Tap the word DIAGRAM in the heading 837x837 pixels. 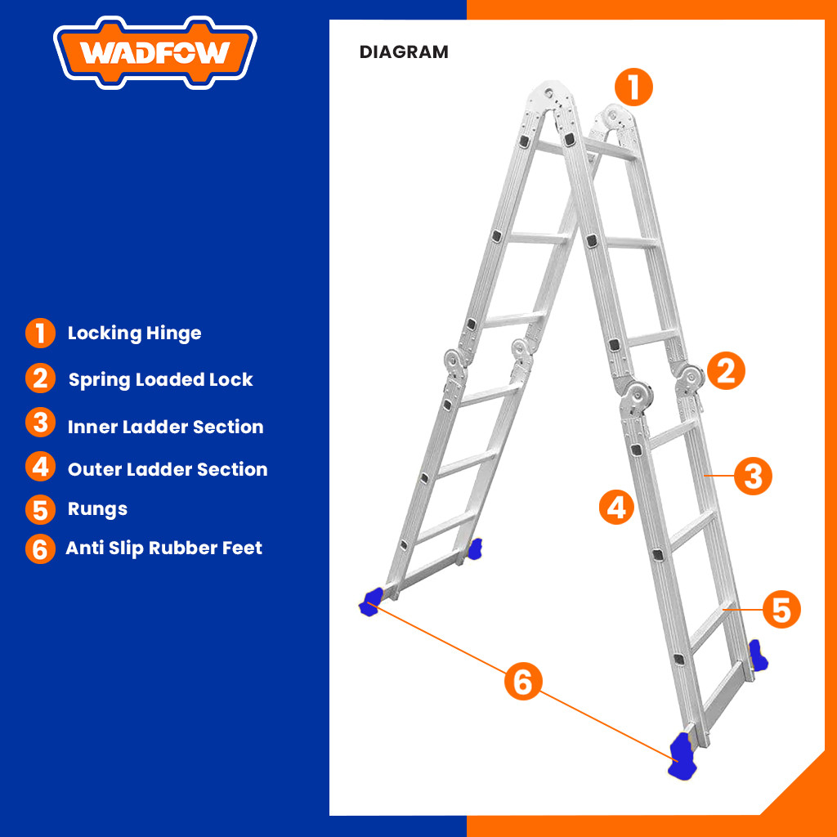point(404,52)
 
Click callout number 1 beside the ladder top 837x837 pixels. point(633,87)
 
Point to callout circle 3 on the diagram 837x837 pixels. point(753,476)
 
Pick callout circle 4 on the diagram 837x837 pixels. point(617,506)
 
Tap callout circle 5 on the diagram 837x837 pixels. point(781,610)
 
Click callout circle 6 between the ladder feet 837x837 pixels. point(523,681)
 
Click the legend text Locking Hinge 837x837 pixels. point(134,333)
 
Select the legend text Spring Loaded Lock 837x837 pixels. point(160,380)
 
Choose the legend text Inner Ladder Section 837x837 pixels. point(165,427)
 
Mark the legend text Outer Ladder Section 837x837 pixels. point(168,469)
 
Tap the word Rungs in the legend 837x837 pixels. point(97,509)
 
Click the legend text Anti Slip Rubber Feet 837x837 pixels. point(163,548)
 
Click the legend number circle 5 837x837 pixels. point(40,509)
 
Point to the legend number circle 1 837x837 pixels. point(40,333)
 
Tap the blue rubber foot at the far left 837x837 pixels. point(371,600)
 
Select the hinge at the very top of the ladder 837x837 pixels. point(553,94)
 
